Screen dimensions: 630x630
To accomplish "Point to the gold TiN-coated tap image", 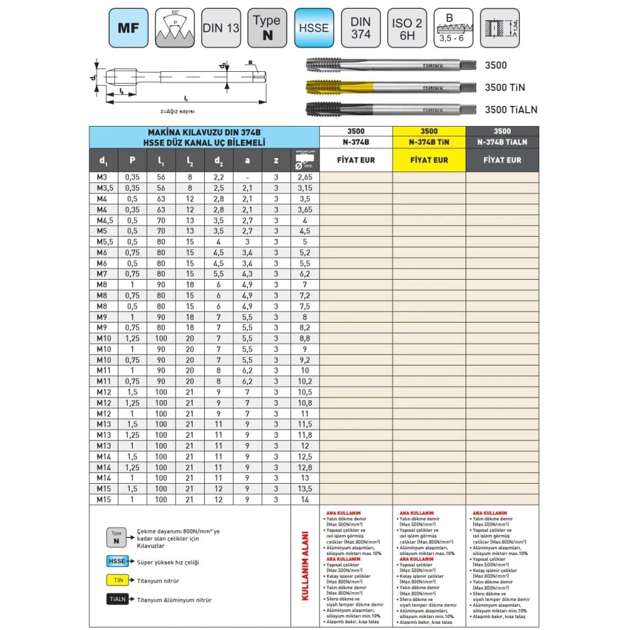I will pos(389,87).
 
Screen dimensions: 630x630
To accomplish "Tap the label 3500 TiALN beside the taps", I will pos(511,109).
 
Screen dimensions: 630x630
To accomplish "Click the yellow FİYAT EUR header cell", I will pos(429,160).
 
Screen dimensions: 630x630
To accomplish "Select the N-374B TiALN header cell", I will pos(502,142).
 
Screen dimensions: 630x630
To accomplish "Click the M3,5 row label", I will pos(103,188).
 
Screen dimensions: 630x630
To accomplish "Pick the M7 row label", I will pos(103,274).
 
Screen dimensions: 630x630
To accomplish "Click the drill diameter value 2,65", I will pos(304,177).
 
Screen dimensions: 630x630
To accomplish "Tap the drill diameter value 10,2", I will pos(304,381).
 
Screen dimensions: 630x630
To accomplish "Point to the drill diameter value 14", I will pos(304,499).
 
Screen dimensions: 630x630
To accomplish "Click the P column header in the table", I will pos(132,160).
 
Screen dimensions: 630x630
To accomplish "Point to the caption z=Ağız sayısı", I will pos(178,111).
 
